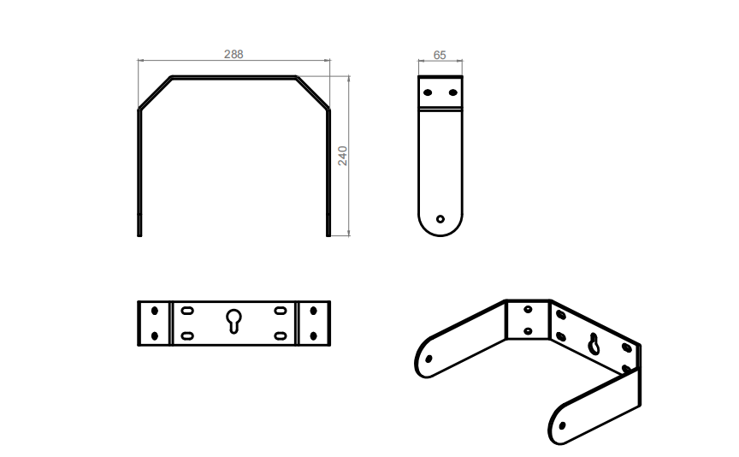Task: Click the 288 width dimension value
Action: [234, 54]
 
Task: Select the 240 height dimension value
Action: [343, 155]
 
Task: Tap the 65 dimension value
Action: [440, 55]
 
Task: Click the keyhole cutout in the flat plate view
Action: [234, 321]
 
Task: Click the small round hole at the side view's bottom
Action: [440, 218]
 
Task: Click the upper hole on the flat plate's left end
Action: [155, 310]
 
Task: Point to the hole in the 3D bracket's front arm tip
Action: [562, 424]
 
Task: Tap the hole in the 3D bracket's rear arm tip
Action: [429, 359]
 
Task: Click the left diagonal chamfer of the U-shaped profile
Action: [155, 92]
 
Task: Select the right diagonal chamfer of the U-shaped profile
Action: [313, 92]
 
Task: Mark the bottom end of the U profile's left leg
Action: [139, 233]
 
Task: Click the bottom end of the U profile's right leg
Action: [328, 233]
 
